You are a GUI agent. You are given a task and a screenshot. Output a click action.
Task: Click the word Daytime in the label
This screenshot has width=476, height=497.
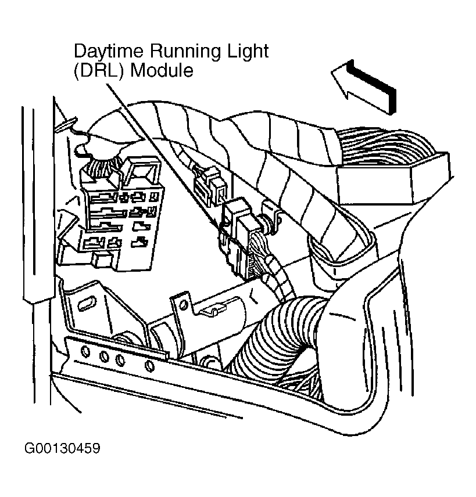click(109, 51)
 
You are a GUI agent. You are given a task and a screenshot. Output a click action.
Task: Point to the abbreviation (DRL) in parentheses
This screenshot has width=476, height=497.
click(99, 70)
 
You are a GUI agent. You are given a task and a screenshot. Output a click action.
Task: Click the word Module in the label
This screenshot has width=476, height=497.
click(162, 70)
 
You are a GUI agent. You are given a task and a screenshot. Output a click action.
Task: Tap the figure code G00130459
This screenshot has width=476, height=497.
click(62, 448)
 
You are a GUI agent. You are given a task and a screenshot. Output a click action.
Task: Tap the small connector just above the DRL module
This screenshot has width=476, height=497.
click(210, 185)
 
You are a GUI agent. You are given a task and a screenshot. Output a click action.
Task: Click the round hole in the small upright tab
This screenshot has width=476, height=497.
click(182, 305)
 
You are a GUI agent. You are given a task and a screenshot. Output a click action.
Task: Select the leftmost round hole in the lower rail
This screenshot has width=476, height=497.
click(85, 351)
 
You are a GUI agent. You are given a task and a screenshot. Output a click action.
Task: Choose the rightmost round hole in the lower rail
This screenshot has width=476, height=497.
click(149, 366)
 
